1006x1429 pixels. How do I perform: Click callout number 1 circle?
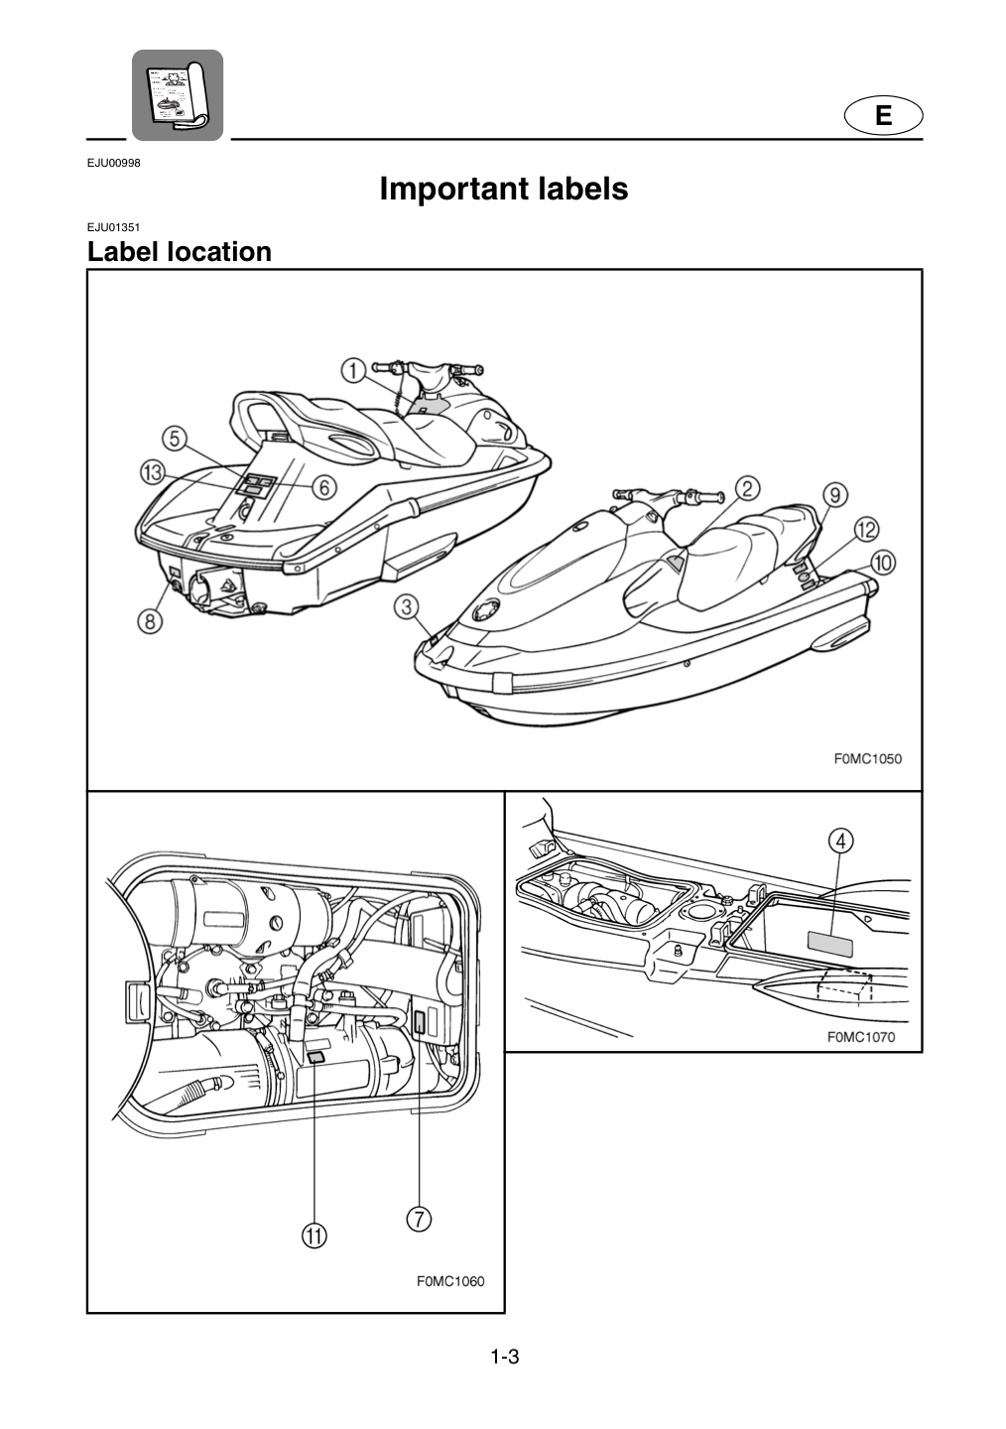[x=353, y=371]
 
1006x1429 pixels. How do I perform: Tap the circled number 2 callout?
[x=748, y=488]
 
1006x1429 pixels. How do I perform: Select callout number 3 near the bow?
[x=407, y=606]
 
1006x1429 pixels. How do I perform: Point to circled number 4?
[x=840, y=843]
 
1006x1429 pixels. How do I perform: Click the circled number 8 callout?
[x=150, y=621]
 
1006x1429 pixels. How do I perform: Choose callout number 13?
[x=153, y=473]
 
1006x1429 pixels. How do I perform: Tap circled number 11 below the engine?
[x=314, y=1235]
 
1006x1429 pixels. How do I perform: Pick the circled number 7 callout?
[x=419, y=1219]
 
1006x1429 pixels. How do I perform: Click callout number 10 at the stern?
[x=884, y=563]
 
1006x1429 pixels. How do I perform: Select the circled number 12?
[x=866, y=530]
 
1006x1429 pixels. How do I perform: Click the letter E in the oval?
[x=884, y=115]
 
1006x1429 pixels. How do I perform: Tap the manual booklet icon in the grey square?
[x=178, y=95]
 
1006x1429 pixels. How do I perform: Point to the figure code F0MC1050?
[x=867, y=759]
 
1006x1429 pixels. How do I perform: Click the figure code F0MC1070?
[x=861, y=1037]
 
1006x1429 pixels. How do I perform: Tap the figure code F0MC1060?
[x=450, y=1282]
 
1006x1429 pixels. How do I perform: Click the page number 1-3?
[x=505, y=1357]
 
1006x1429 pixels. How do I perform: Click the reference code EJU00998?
[x=113, y=163]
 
